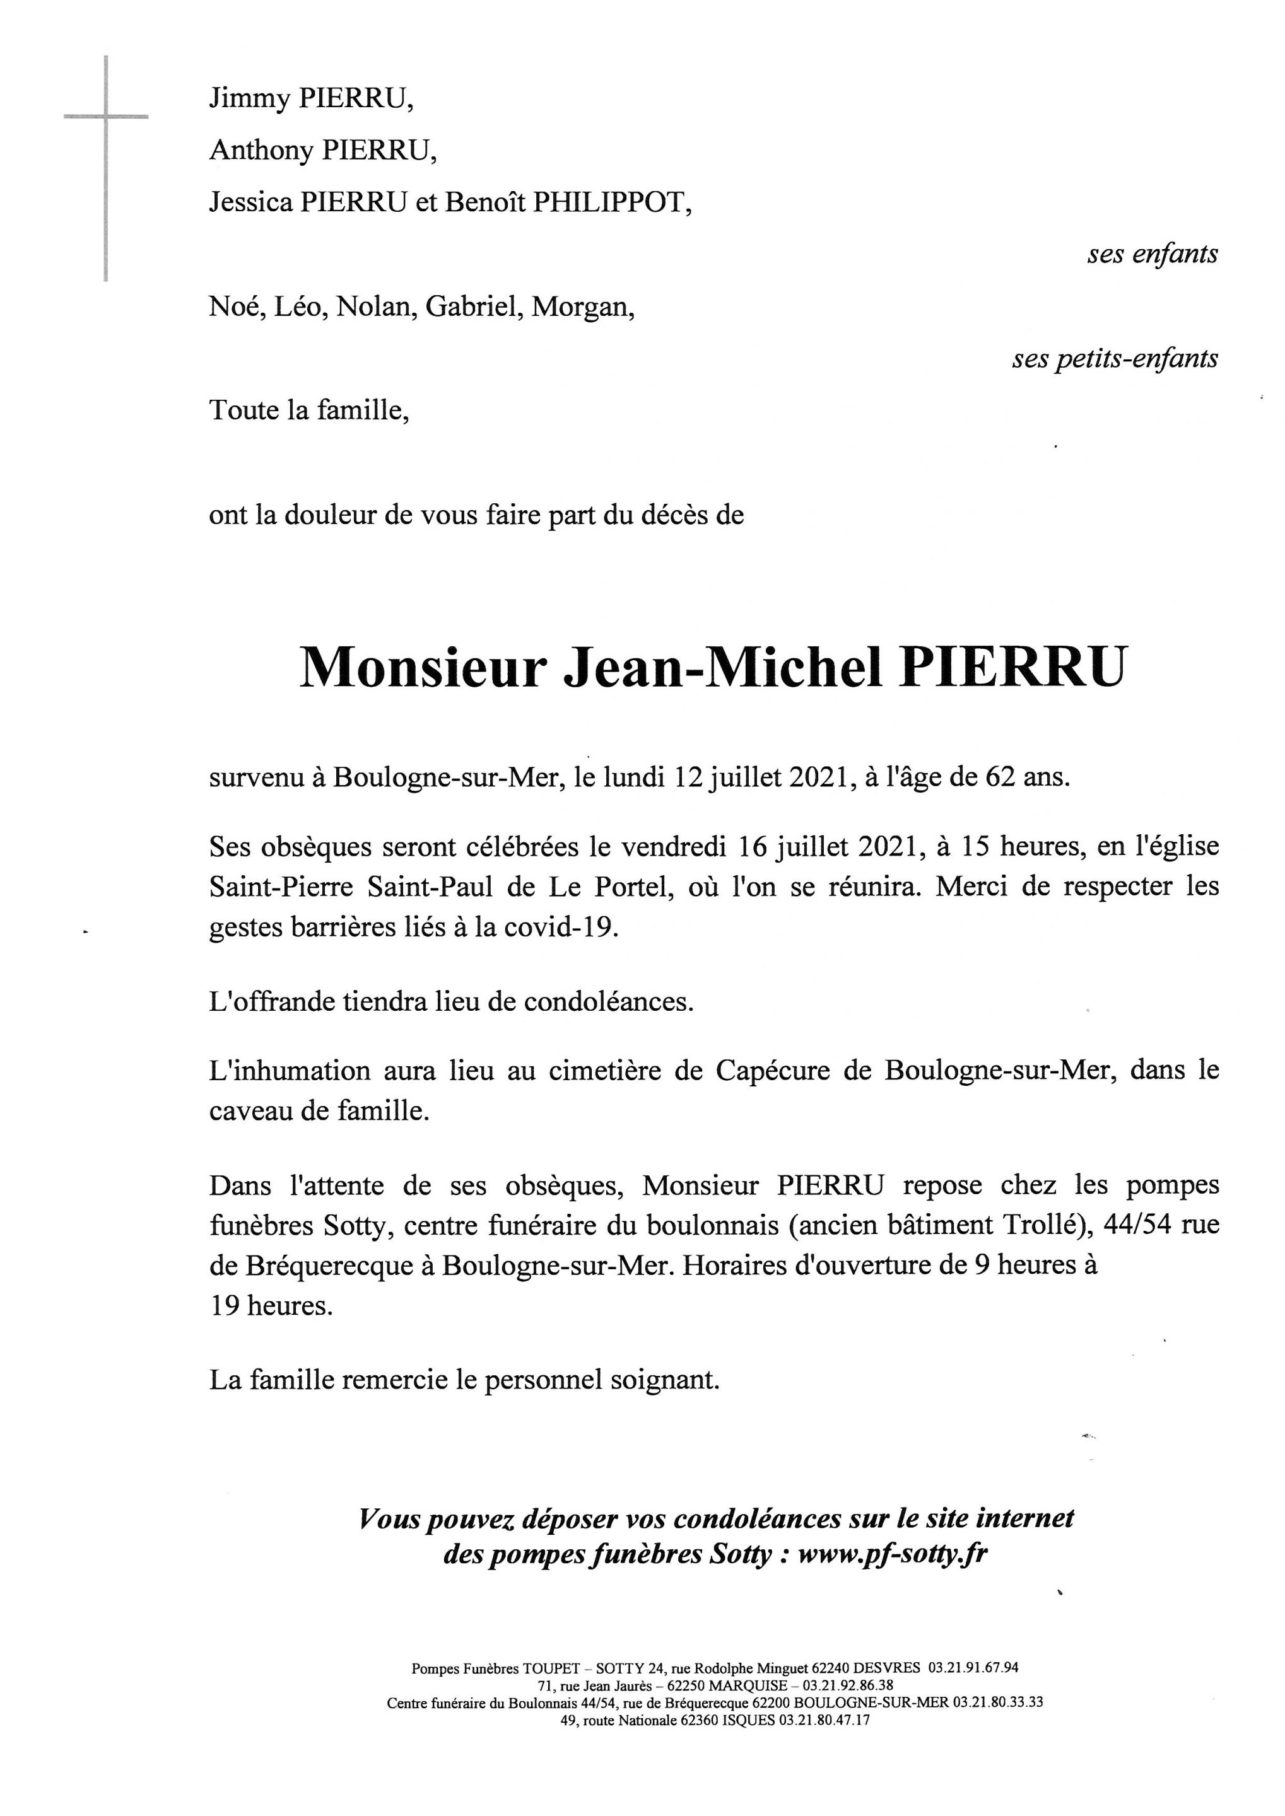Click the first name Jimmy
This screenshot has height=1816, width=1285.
(x=248, y=99)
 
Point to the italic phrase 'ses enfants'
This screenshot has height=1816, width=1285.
(x=1152, y=254)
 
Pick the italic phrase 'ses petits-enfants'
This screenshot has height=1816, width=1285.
(x=1114, y=359)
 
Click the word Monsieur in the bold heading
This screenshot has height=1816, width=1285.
(x=423, y=669)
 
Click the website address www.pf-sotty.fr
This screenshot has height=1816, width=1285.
(x=893, y=1554)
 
